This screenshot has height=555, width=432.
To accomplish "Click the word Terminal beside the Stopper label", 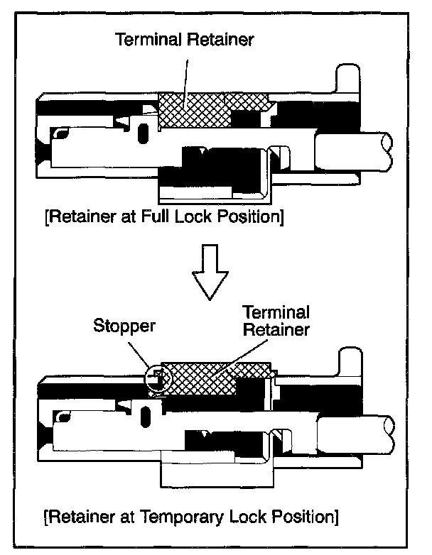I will point(275,312).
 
